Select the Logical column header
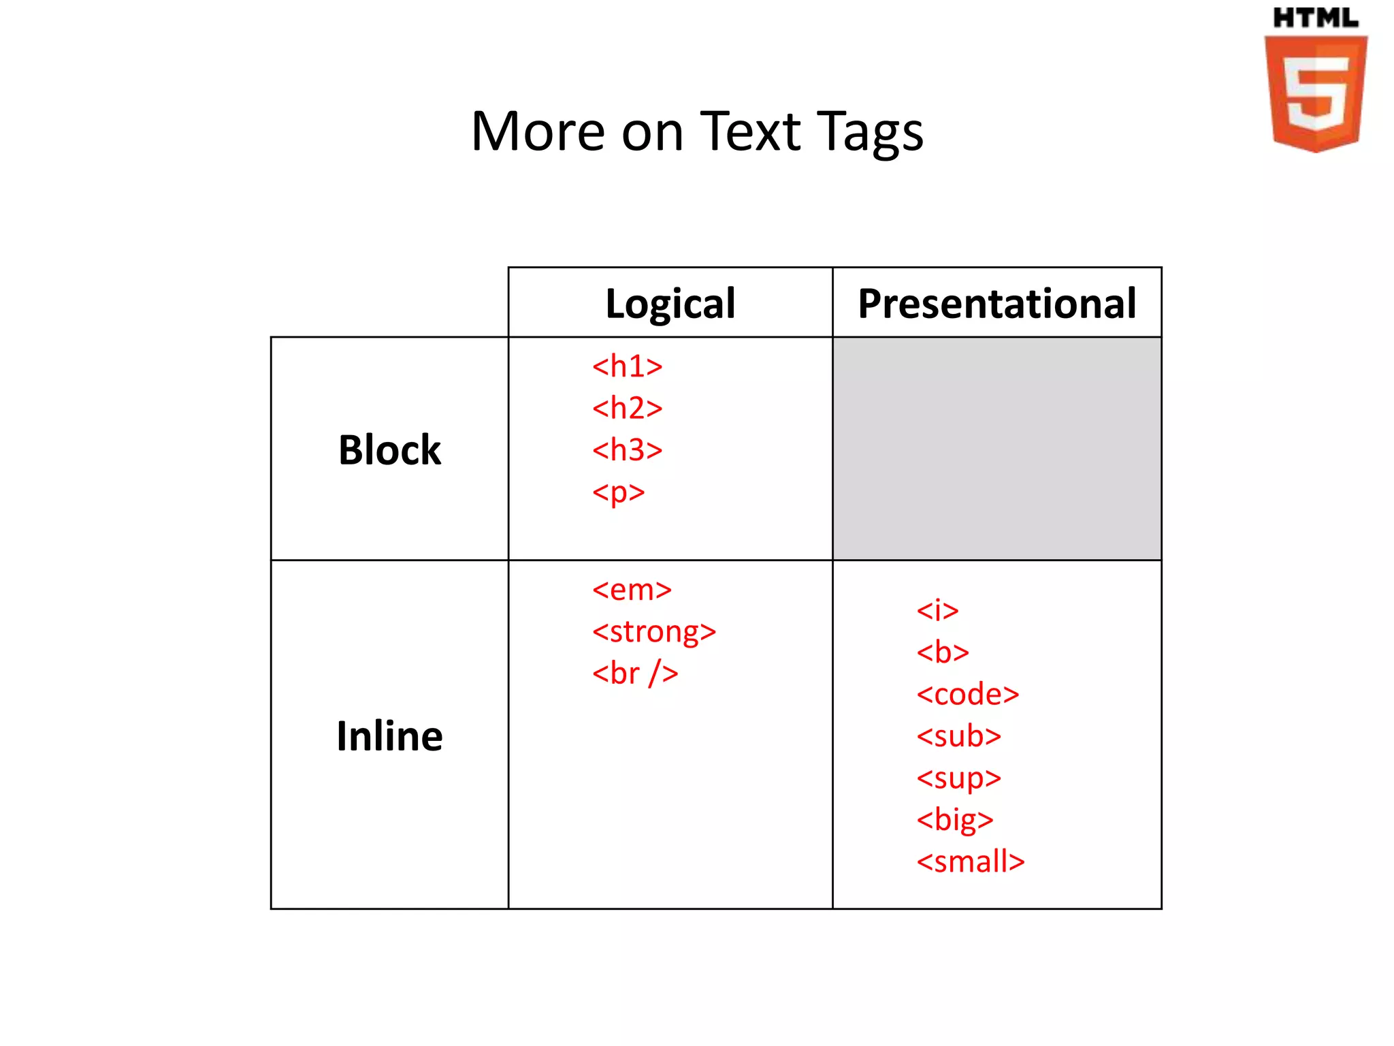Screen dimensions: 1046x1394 (670, 303)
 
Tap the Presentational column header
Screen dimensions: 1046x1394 (996, 303)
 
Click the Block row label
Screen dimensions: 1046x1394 (389, 450)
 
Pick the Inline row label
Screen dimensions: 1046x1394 (389, 736)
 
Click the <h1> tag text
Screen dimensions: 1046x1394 (627, 366)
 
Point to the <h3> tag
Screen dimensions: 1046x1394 (627, 450)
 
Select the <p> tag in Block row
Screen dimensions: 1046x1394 (618, 492)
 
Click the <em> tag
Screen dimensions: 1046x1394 (632, 590)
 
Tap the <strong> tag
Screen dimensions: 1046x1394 (653, 632)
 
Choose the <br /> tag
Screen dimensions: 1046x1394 (634, 673)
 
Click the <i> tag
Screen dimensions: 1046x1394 (937, 610)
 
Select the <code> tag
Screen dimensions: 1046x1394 (967, 695)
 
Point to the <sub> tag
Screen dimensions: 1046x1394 (958, 736)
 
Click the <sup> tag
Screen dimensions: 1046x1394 (958, 778)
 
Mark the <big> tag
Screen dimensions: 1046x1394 (954, 820)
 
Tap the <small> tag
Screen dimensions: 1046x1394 (970, 862)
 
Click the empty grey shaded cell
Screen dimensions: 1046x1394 (996, 449)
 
